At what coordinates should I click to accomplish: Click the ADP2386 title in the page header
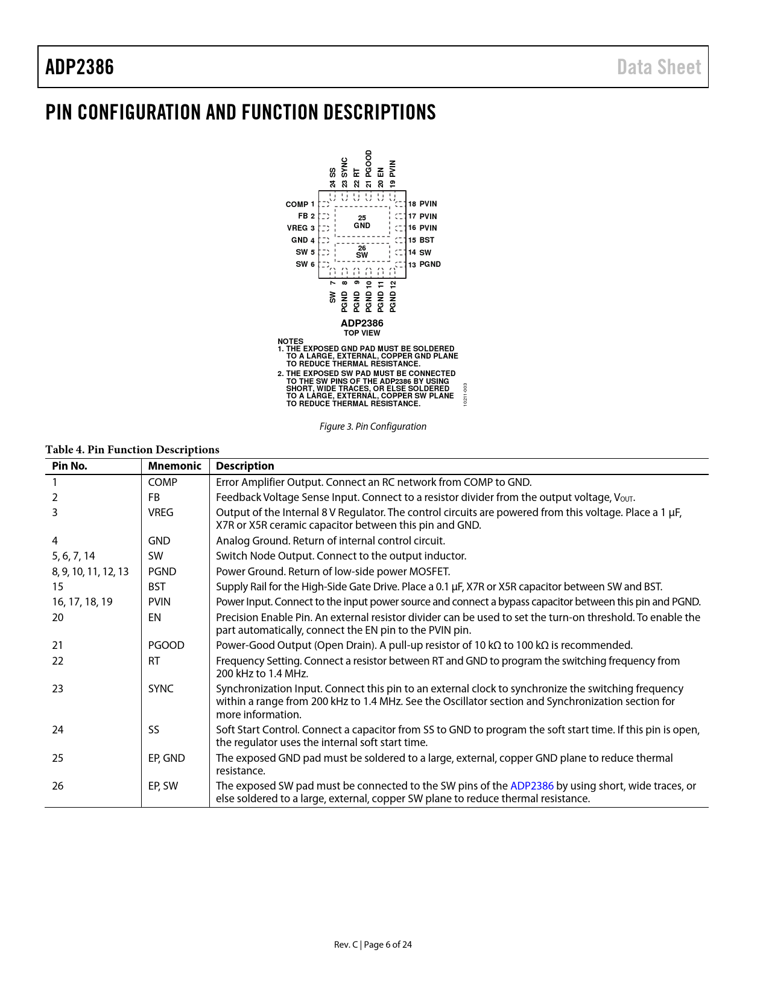click(80, 67)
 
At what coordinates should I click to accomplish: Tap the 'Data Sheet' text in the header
click(659, 67)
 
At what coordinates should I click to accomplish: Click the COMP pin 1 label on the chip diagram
click(300, 205)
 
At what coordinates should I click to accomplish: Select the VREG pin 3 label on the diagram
click(300, 228)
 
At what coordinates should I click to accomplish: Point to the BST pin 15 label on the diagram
click(422, 240)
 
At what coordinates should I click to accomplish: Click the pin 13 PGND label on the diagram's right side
click(425, 264)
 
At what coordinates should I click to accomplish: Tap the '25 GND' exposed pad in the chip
click(362, 222)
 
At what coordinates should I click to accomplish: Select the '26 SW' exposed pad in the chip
click(362, 252)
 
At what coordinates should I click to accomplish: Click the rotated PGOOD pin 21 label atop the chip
click(369, 168)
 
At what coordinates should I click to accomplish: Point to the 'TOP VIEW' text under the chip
click(362, 333)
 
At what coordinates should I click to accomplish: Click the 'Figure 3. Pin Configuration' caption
click(373, 427)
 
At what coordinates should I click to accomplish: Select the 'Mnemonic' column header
click(174, 466)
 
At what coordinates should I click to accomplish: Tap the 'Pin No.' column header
click(69, 466)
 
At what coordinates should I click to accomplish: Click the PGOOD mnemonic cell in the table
click(166, 645)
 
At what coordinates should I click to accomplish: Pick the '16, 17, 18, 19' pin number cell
click(82, 602)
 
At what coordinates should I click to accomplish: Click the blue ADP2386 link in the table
click(531, 786)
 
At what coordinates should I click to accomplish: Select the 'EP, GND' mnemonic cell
click(166, 758)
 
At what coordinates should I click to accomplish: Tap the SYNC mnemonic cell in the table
click(160, 689)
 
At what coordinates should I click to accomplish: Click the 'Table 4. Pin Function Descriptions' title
click(132, 450)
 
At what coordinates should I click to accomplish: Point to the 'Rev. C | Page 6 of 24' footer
click(373, 945)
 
